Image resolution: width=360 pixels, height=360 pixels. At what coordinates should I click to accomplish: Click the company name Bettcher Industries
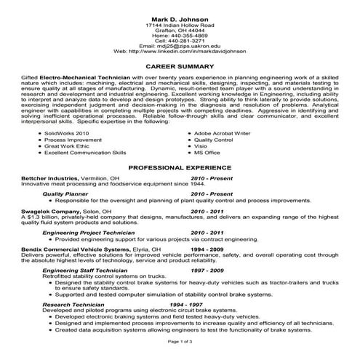pyautogui.click(x=49, y=177)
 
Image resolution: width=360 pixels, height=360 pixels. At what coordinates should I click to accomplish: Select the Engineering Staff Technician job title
pyautogui.click(x=81, y=269)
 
